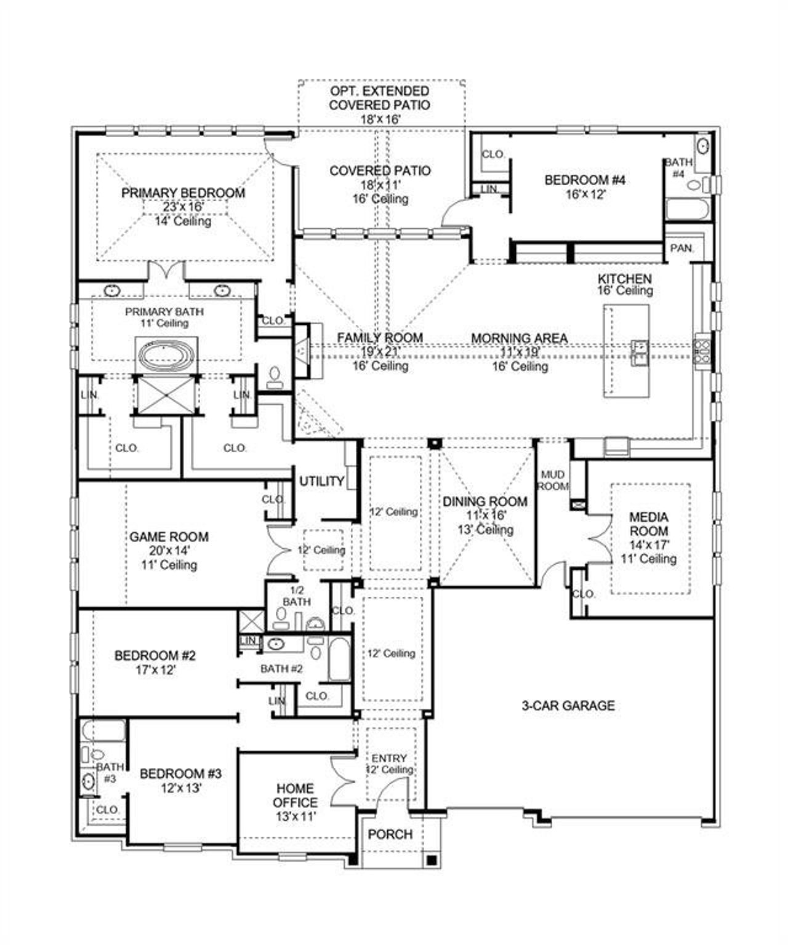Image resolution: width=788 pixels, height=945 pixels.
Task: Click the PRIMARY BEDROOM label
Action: pyautogui.click(x=183, y=193)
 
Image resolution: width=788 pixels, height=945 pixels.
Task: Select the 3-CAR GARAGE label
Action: pyautogui.click(x=568, y=706)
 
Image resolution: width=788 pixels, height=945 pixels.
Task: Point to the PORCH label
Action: pyautogui.click(x=390, y=834)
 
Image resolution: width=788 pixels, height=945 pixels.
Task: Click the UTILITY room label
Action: pyautogui.click(x=321, y=481)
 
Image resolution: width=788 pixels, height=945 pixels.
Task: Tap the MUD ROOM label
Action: pyautogui.click(x=553, y=480)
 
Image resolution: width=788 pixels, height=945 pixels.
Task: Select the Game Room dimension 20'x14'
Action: pyautogui.click(x=169, y=551)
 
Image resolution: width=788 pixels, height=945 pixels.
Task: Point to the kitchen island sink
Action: pyautogui.click(x=638, y=351)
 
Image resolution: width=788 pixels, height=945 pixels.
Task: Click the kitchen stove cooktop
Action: pyautogui.click(x=702, y=351)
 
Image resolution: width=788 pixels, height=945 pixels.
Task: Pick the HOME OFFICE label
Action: pyautogui.click(x=295, y=795)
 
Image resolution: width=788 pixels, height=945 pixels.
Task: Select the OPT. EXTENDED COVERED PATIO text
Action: pyautogui.click(x=380, y=98)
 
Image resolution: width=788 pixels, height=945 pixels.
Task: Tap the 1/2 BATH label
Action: pyautogui.click(x=297, y=596)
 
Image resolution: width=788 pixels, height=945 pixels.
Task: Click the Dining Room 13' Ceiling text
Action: pyautogui.click(x=486, y=530)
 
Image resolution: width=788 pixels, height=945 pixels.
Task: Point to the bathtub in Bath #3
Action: pyautogui.click(x=103, y=730)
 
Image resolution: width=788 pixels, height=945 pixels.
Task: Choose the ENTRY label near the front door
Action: pyautogui.click(x=389, y=758)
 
